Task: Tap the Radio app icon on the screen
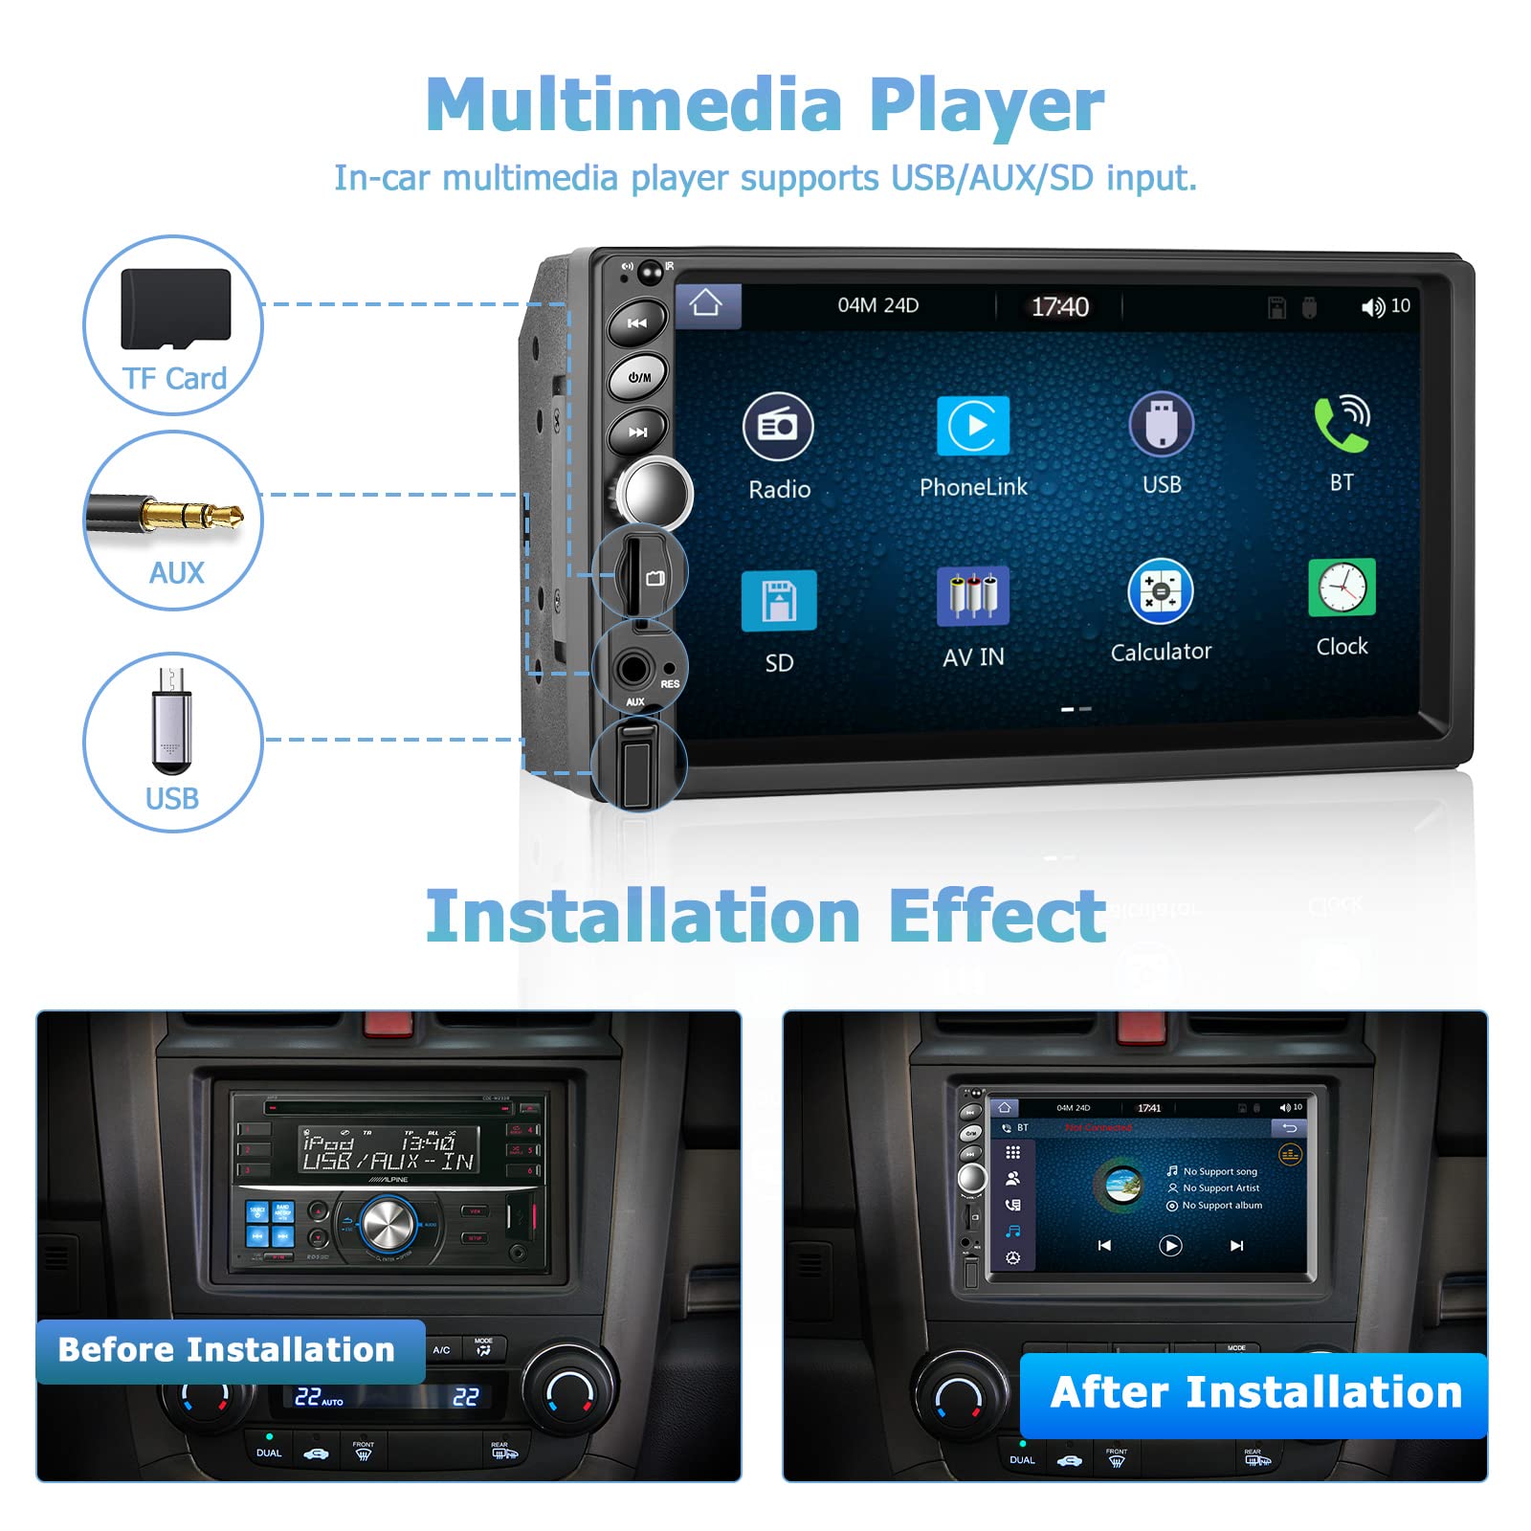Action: (x=778, y=427)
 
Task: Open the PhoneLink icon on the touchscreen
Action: (x=973, y=426)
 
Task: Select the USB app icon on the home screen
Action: (x=1161, y=424)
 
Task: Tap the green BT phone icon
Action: (x=1341, y=424)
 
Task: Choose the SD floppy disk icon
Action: (x=779, y=601)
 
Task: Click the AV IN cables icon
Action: (x=973, y=597)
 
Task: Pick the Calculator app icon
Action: (x=1161, y=591)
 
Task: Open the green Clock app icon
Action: (x=1342, y=588)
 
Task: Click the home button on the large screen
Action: (x=706, y=304)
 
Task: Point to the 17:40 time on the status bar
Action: (x=1059, y=307)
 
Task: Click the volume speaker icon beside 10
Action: (x=1372, y=307)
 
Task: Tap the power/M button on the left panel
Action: (x=638, y=377)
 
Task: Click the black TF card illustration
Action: (x=176, y=309)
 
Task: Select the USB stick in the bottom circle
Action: (x=172, y=720)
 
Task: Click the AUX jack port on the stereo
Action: (x=632, y=669)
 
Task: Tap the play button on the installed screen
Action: (x=1170, y=1245)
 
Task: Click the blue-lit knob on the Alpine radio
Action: (x=388, y=1222)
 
